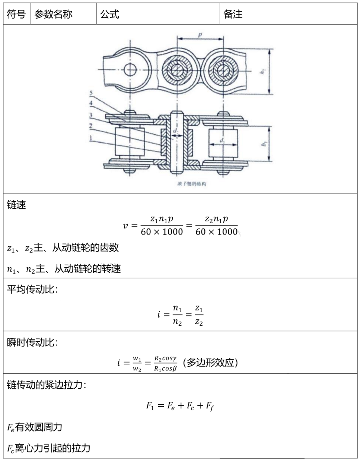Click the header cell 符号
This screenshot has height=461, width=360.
pyautogui.click(x=16, y=15)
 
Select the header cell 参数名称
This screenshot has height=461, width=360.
pyautogui.click(x=53, y=15)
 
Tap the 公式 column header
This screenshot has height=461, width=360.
pyautogui.click(x=109, y=15)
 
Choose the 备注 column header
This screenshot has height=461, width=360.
pyautogui.click(x=233, y=15)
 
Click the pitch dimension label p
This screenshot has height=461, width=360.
pyautogui.click(x=200, y=35)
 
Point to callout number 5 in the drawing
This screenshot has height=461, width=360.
pyautogui.click(x=91, y=93)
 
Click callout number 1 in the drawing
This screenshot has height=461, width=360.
pyautogui.click(x=91, y=138)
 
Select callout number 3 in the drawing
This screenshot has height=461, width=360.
pyautogui.click(x=91, y=115)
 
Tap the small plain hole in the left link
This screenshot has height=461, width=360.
pyautogui.click(x=131, y=69)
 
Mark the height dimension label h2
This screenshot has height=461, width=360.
pyautogui.click(x=263, y=72)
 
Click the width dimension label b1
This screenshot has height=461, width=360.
pyautogui.click(x=264, y=143)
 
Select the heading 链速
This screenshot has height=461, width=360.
pyautogui.click(x=17, y=205)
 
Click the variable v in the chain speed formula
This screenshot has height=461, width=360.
pyautogui.click(x=125, y=225)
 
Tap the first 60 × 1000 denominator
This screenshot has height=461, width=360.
pyautogui.click(x=162, y=232)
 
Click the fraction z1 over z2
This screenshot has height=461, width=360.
pyautogui.click(x=199, y=316)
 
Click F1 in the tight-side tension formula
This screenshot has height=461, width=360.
pyautogui.click(x=150, y=405)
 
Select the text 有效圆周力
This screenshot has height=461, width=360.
pyautogui.click(x=38, y=427)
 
